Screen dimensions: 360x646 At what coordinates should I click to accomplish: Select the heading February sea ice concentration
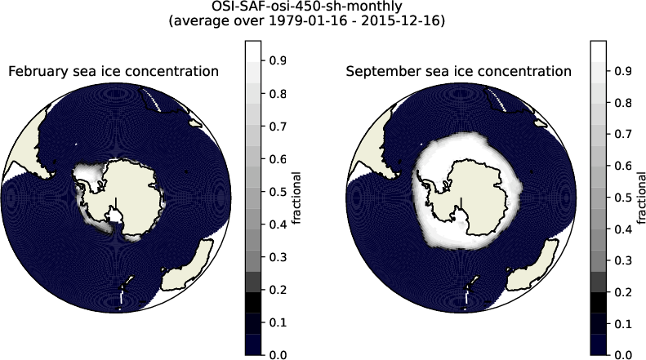click(x=114, y=72)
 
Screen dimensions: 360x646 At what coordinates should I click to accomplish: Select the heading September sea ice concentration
click(x=458, y=72)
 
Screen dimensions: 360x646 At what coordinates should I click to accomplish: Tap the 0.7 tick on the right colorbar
click(x=625, y=135)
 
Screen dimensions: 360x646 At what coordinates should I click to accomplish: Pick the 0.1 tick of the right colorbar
click(x=625, y=324)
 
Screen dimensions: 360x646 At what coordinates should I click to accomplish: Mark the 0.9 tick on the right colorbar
click(x=625, y=72)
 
